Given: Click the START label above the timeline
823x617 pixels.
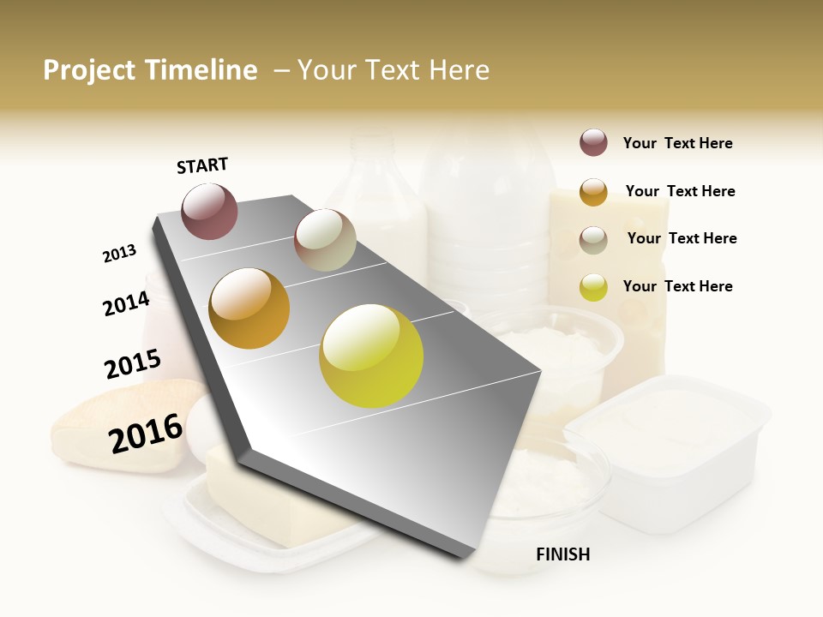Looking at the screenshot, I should pos(202,165).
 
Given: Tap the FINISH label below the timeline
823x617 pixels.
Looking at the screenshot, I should pos(563,554).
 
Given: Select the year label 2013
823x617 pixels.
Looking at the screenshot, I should pos(119,254).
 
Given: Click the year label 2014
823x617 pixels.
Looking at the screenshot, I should pos(126,303).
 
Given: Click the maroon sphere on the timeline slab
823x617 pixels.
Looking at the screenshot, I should pos(209,212).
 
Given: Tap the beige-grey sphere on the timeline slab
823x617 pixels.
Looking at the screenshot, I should pos(325,240).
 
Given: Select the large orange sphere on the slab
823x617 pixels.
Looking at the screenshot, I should pos(249,308).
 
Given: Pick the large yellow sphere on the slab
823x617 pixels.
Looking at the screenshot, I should pos(371,356).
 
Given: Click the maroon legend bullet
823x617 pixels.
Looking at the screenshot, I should pos(593,143).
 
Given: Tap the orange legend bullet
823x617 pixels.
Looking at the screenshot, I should pos(593,192).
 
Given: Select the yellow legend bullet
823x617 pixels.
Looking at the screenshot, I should pos(593,287).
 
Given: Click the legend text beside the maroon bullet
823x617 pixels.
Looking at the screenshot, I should pos(677,144).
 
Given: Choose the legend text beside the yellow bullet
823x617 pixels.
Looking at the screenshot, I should pos(677,286).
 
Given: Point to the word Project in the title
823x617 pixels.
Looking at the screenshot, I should pos(88,70).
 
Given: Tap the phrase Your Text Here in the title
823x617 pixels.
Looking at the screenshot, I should pos(393,70).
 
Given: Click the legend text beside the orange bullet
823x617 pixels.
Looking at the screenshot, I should pos(680,191).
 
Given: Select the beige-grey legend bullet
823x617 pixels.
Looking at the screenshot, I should pos(593,240).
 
